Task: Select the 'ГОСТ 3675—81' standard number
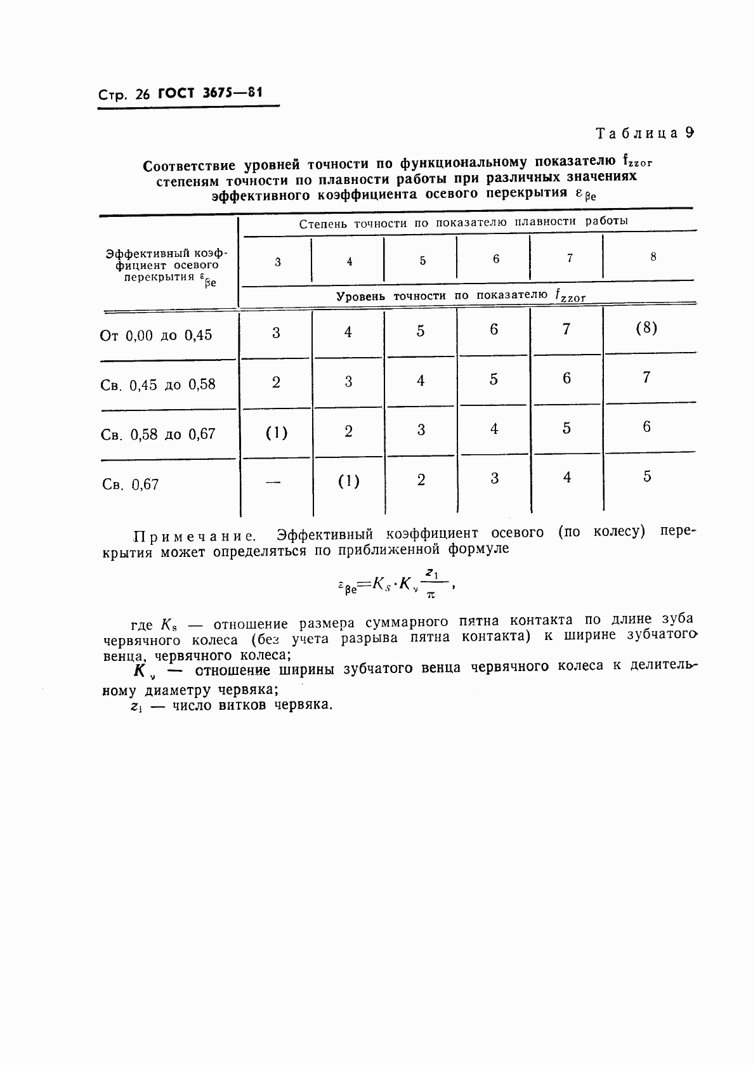click(210, 93)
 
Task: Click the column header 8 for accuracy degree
click(653, 257)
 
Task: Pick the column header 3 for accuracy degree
click(277, 261)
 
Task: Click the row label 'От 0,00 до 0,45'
click(156, 335)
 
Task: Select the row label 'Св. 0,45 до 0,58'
click(158, 384)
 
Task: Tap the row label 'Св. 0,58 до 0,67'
click(158, 434)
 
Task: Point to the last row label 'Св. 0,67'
click(130, 485)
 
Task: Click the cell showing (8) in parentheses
click(646, 328)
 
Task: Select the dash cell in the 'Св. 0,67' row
click(273, 482)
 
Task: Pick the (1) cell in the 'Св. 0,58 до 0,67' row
click(276, 433)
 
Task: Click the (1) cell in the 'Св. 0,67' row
click(348, 481)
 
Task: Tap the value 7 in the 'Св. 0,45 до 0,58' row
click(646, 377)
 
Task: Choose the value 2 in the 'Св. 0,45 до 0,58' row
click(276, 382)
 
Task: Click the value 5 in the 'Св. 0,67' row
click(646, 476)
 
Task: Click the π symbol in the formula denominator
click(431, 594)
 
